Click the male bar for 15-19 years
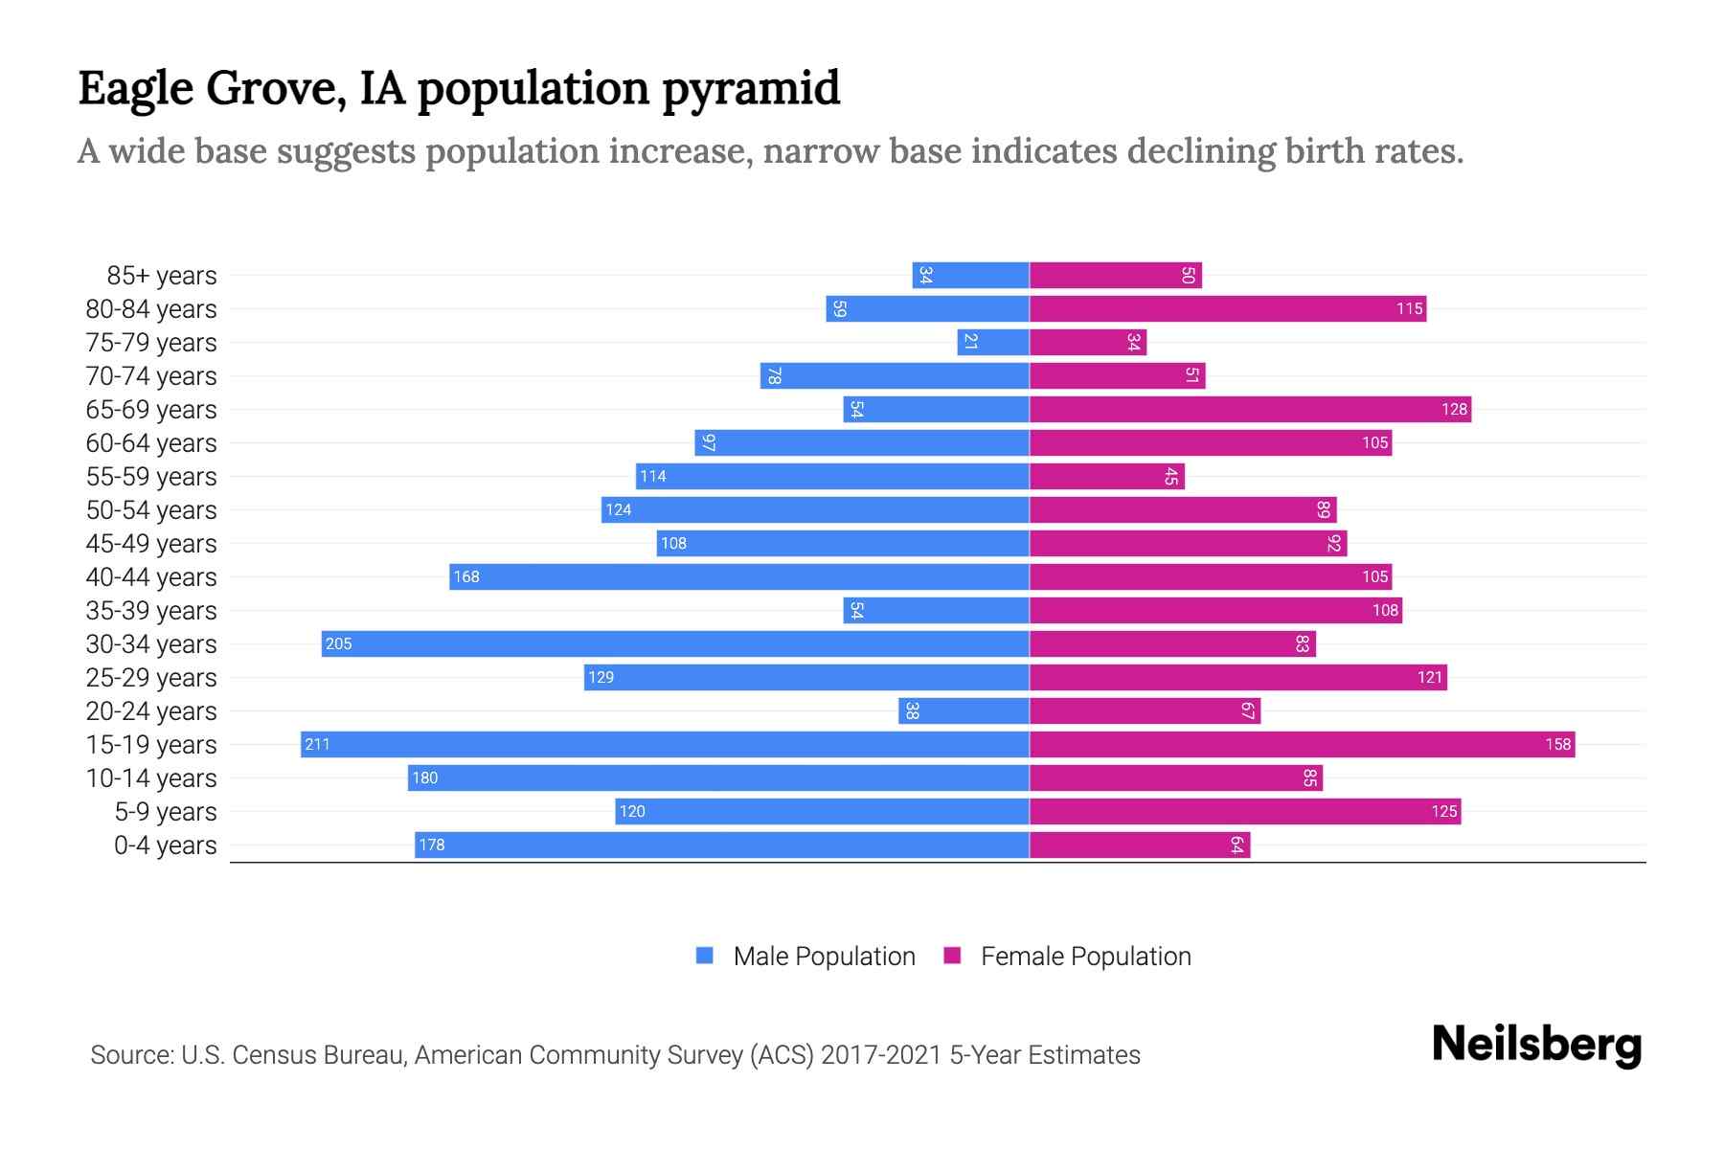(665, 744)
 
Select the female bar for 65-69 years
(1250, 409)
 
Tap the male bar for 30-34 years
(675, 643)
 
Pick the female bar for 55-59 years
(1107, 476)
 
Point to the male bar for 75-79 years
(993, 342)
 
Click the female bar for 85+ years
(1116, 275)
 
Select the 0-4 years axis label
(165, 845)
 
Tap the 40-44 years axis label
(151, 577)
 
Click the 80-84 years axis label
(151, 309)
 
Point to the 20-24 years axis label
(151, 711)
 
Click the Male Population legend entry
(805, 956)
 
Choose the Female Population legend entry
(1067, 956)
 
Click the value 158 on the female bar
(1557, 744)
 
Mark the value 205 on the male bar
(339, 643)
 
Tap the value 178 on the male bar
(432, 845)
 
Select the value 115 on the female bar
(1409, 308)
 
